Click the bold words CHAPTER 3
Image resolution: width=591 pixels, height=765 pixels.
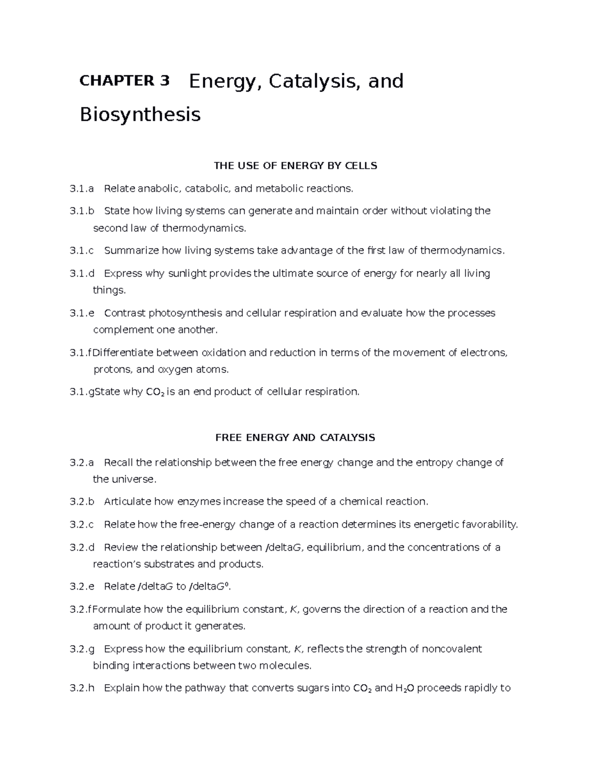coord(124,81)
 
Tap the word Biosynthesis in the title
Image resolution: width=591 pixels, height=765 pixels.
coord(140,115)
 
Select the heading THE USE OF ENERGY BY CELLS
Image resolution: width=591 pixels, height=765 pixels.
coord(295,166)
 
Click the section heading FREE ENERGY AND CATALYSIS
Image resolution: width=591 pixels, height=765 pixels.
coord(295,437)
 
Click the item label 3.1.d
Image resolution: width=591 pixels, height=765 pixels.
coord(82,273)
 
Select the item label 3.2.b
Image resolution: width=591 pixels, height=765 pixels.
coord(82,501)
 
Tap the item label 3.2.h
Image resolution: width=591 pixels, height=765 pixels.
coord(82,688)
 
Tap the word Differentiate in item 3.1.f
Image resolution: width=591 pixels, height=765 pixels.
coord(124,352)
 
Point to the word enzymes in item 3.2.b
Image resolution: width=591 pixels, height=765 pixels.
coord(198,501)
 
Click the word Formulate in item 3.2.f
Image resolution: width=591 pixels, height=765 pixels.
coord(117,609)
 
